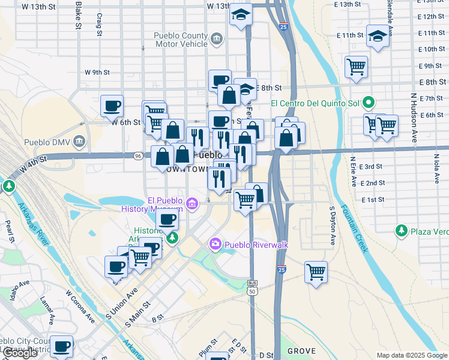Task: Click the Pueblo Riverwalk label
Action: click(x=252, y=244)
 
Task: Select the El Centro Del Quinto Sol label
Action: click(x=318, y=103)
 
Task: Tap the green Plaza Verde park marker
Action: click(x=401, y=230)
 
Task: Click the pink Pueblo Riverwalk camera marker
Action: click(x=215, y=244)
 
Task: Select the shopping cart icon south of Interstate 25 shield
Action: click(x=316, y=271)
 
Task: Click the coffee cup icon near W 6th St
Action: click(x=112, y=106)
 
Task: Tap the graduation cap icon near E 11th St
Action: click(x=378, y=35)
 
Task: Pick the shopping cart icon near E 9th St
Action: click(x=356, y=67)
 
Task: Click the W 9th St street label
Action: click(x=97, y=73)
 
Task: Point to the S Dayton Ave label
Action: click(x=332, y=226)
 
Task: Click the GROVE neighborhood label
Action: click(x=301, y=351)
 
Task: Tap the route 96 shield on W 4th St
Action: click(x=138, y=156)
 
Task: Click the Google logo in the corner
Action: click(x=20, y=353)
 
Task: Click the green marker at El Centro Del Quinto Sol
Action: click(x=370, y=103)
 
